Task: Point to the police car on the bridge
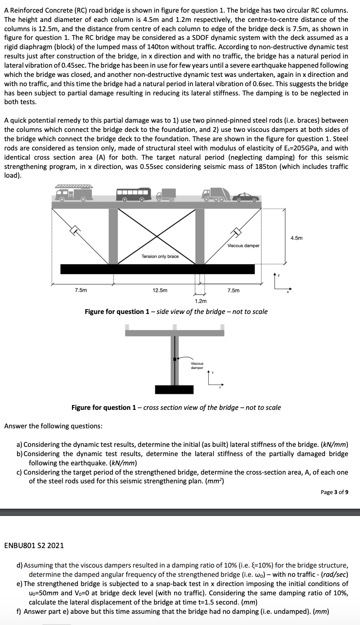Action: click(x=246, y=197)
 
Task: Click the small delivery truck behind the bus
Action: click(x=165, y=196)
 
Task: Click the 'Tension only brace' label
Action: click(x=160, y=256)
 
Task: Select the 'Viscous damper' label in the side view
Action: click(x=243, y=245)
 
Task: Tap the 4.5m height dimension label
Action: click(x=296, y=238)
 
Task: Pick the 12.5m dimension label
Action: click(x=160, y=291)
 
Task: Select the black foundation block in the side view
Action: click(x=157, y=269)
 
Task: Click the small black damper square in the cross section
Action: click(x=175, y=359)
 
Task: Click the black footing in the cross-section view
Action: click(x=174, y=389)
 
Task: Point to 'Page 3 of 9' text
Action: click(x=334, y=492)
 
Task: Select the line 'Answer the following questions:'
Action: click(x=53, y=426)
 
